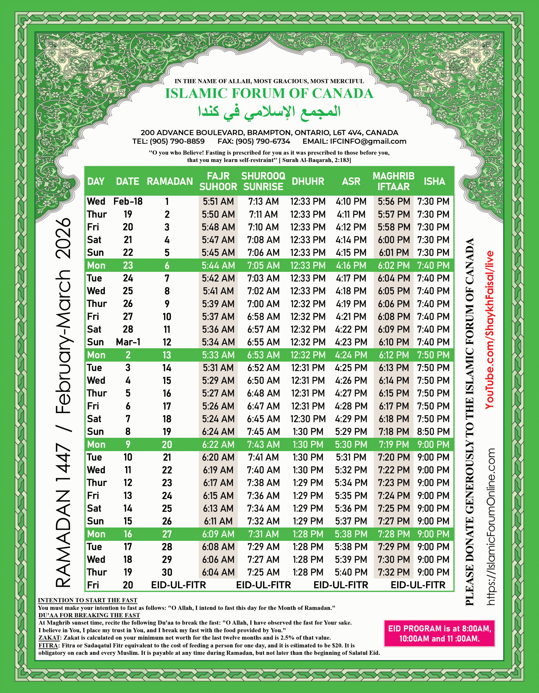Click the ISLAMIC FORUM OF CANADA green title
(269, 93)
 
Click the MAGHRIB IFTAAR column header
(393, 181)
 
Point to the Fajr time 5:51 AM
(218, 201)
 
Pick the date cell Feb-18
(128, 201)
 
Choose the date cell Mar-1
(128, 342)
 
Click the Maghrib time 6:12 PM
(394, 355)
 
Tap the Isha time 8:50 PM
(433, 432)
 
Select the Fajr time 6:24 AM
(218, 432)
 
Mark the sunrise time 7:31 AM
(263, 534)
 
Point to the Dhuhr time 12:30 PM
(308, 419)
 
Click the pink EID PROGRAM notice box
(439, 633)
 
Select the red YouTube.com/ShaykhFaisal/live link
(489, 330)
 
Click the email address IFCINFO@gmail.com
(368, 142)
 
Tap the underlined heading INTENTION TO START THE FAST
(87, 600)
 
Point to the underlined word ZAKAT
(49, 638)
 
